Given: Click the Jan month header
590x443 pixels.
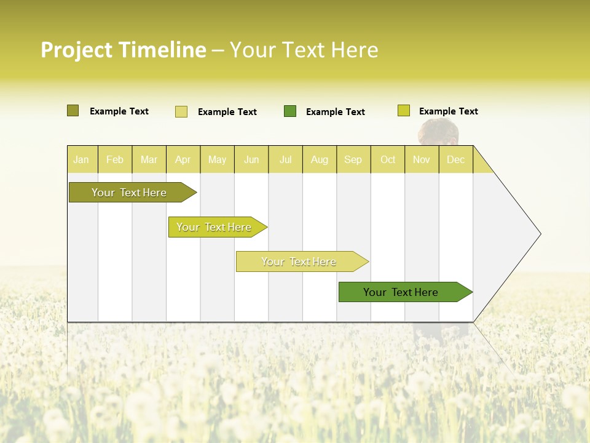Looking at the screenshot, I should (x=81, y=159).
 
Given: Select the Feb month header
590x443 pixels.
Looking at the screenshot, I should (x=115, y=159).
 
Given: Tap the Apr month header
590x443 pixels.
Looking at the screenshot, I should (x=183, y=159).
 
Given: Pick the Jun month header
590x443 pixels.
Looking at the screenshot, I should (x=251, y=159).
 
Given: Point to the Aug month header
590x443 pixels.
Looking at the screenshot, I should (x=320, y=159).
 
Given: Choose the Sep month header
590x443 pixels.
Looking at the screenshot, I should (x=353, y=159).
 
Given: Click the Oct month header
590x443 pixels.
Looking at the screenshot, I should (x=388, y=159).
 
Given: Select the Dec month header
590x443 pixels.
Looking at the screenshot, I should (x=455, y=159).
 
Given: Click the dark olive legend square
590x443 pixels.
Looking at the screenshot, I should (x=73, y=111).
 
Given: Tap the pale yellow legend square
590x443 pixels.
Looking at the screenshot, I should (x=181, y=111).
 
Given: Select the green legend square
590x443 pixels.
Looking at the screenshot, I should (x=290, y=111).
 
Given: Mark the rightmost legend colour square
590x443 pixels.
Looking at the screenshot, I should (x=404, y=111).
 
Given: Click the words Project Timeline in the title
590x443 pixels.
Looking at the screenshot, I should (x=123, y=50).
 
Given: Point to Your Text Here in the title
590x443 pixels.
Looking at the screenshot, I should (x=304, y=50).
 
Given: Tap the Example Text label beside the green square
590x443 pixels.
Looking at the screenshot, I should (x=335, y=112).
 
